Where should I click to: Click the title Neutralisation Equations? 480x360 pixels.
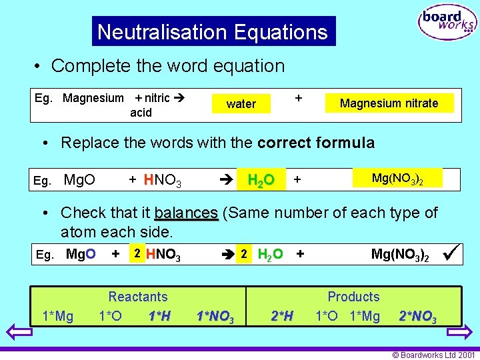pos(213,32)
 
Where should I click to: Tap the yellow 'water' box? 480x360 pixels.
pos(241,104)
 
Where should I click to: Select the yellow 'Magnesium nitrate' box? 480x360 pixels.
pos(389,103)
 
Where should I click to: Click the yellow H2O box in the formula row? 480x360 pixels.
pos(261,180)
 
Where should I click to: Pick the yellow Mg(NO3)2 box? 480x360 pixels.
pos(398,178)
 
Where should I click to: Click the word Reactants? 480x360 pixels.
pos(138,297)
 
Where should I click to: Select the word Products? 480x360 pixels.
pos(353,297)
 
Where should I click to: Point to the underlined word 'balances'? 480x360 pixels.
pos(186,213)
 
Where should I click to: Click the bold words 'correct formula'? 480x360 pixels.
pos(316,143)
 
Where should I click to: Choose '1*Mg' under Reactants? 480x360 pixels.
pos(57,316)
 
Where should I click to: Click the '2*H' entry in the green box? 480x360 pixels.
pos(281,316)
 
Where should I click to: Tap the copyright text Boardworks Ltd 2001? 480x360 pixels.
pos(433,355)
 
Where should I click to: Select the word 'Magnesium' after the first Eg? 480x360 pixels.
pos(93,98)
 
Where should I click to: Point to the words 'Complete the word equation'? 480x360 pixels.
pos(167,66)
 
